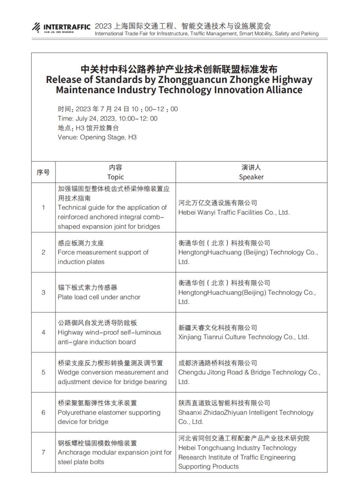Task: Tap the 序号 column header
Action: [x=43, y=172]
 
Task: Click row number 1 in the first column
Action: [x=43, y=207]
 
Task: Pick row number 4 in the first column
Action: [x=43, y=332]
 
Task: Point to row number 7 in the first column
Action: [x=43, y=452]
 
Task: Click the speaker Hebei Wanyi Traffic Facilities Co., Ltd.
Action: [x=234, y=213]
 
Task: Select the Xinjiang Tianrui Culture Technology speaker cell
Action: [x=244, y=337]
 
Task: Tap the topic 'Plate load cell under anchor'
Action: [x=99, y=297]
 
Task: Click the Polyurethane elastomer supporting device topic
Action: [x=109, y=417]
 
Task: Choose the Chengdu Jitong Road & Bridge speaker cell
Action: [x=249, y=373]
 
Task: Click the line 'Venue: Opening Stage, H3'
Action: [x=97, y=137]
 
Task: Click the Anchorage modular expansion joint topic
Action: [x=115, y=457]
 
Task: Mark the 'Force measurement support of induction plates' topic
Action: [x=103, y=257]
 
